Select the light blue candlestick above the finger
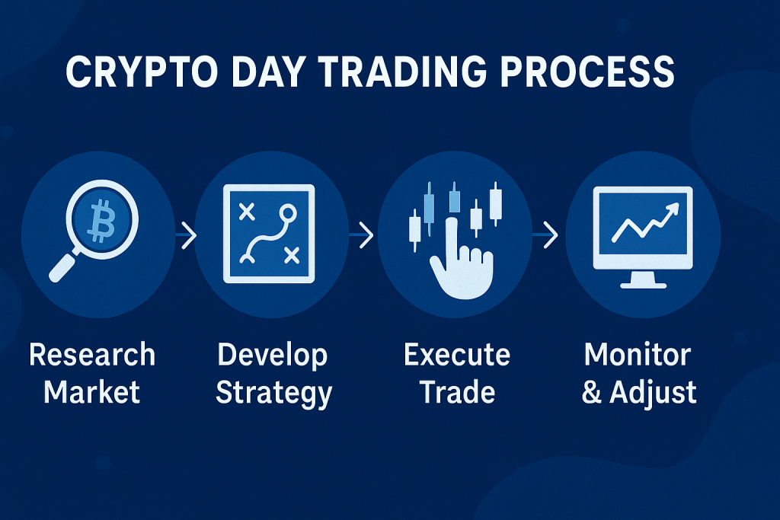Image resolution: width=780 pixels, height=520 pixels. pos(455,200)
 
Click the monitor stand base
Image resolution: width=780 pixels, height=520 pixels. pos(643,285)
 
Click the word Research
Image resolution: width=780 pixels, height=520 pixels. pos(92,355)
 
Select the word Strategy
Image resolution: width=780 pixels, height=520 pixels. pos(273,394)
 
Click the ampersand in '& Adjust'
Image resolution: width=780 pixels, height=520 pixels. pos(592,394)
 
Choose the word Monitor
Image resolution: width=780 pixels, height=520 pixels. pos(638,355)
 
